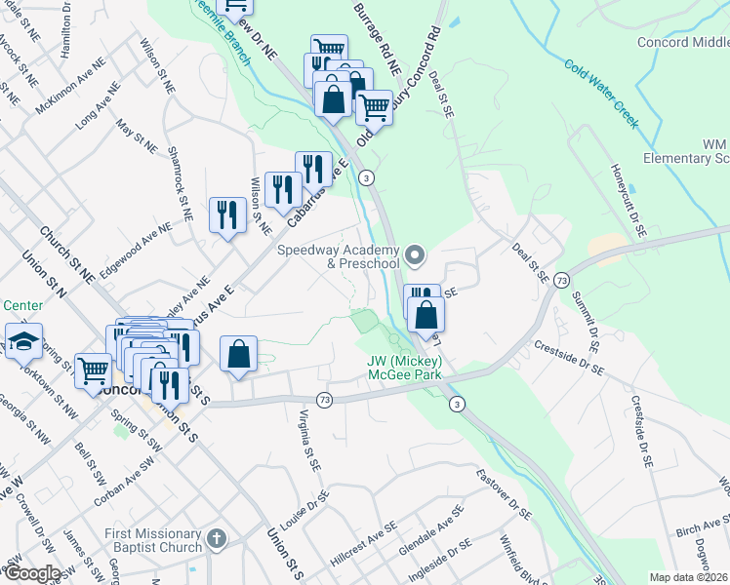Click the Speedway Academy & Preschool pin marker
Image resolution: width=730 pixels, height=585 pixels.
coord(416,256)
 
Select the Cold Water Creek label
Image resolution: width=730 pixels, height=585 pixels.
coord(600,94)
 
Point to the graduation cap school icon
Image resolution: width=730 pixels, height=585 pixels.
coord(23,341)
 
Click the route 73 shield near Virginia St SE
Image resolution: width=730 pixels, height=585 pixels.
coord(324,400)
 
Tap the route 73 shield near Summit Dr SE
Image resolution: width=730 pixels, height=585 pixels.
coord(561,280)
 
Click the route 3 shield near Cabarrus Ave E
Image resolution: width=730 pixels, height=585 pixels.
coord(366,177)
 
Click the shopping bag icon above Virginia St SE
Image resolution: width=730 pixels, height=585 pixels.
coord(239,354)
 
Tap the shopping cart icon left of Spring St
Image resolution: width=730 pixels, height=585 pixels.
coord(93,370)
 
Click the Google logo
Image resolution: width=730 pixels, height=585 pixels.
coord(33,573)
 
